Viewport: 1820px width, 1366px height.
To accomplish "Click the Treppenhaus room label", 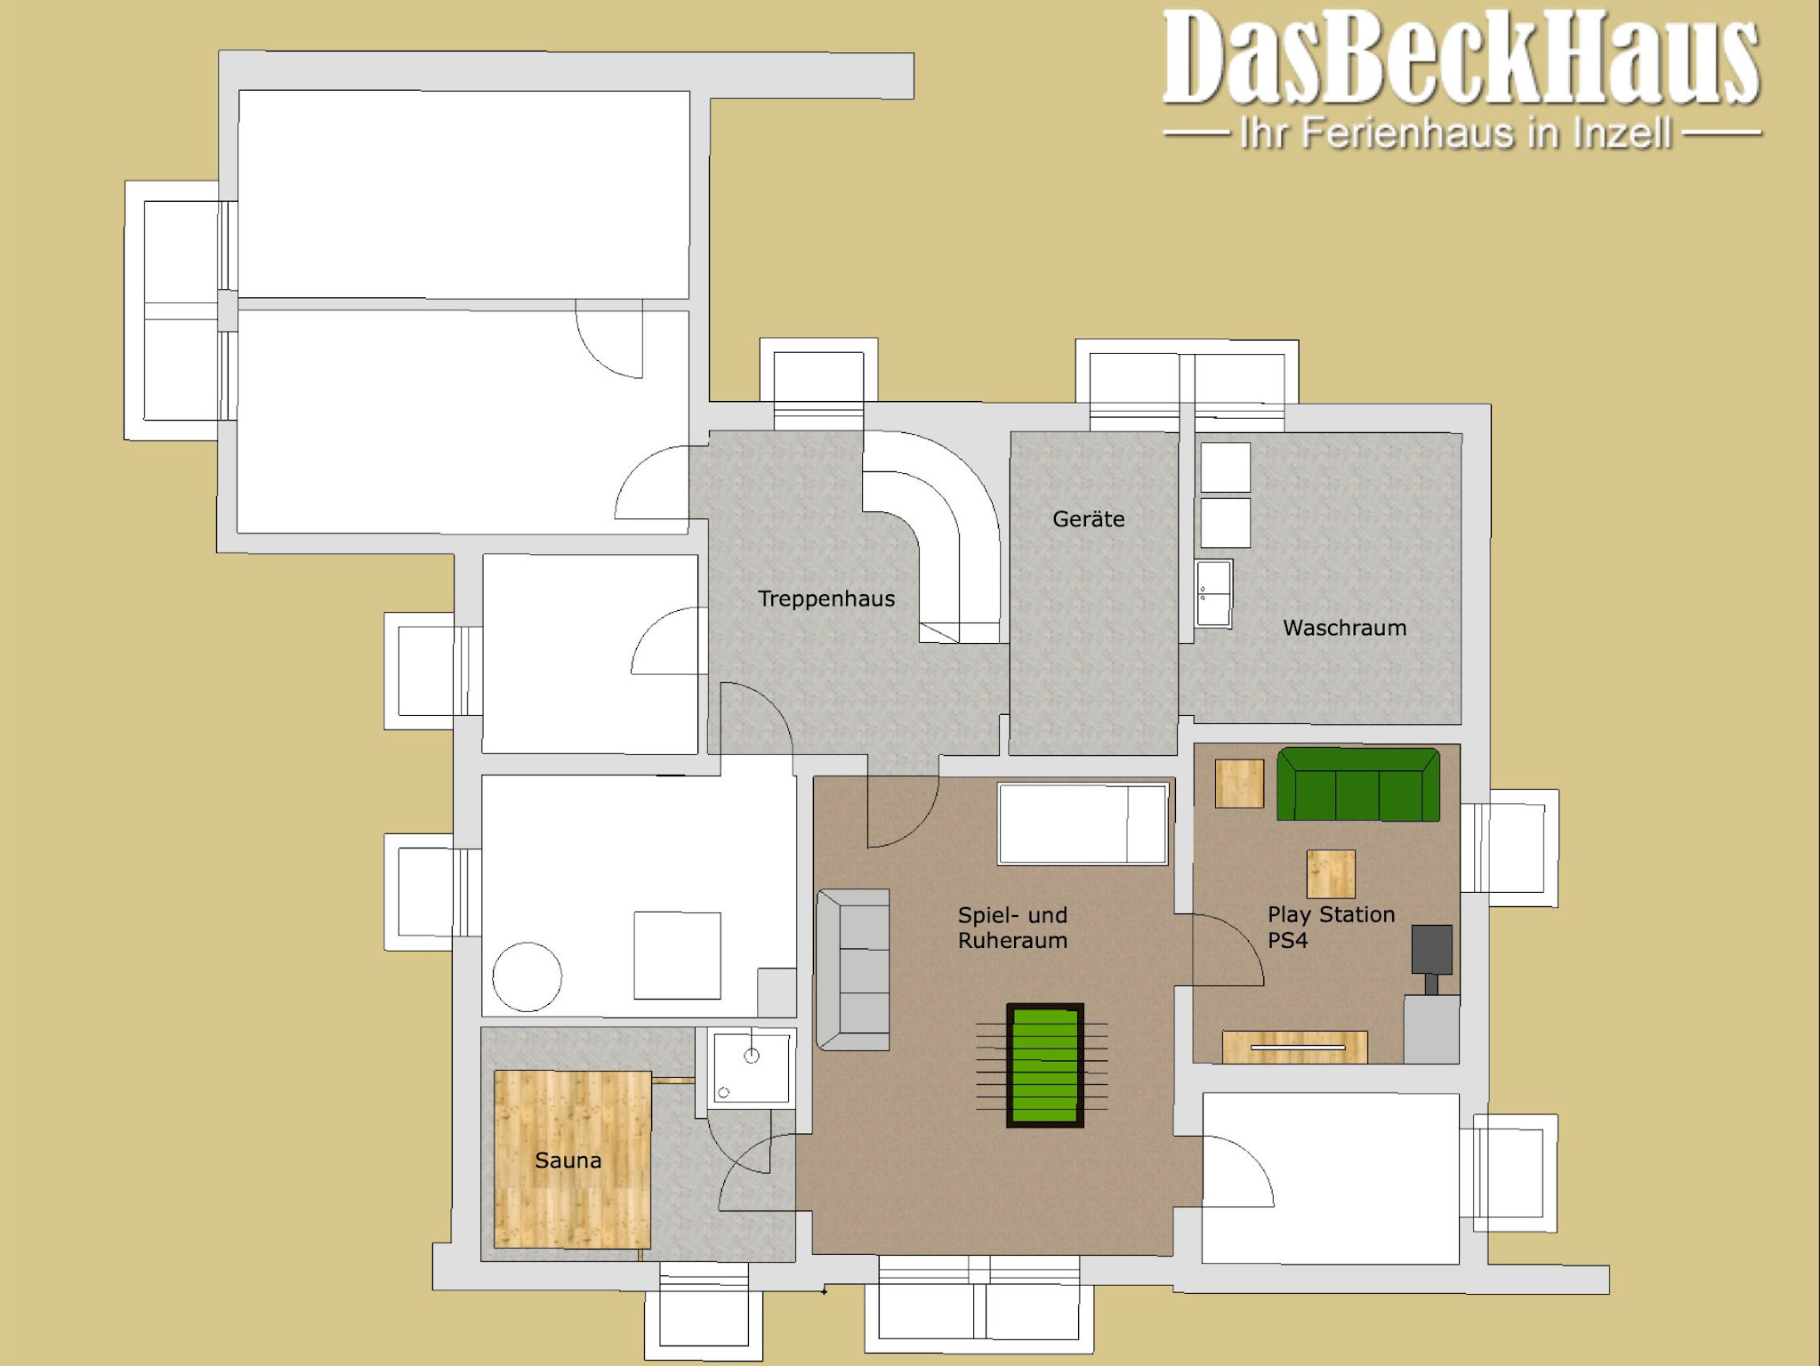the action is pyautogui.click(x=826, y=599).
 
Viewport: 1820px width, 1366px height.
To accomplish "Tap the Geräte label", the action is pyautogui.click(x=1088, y=518).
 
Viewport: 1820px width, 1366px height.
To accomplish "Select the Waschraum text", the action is pyautogui.click(x=1344, y=628).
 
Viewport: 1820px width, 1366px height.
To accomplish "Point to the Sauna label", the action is pyautogui.click(x=568, y=1161).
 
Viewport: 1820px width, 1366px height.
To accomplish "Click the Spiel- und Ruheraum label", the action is pyautogui.click(x=1012, y=928).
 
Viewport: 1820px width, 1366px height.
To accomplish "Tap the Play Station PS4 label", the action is pyautogui.click(x=1331, y=928).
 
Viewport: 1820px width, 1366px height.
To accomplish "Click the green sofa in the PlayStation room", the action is pyautogui.click(x=1358, y=784).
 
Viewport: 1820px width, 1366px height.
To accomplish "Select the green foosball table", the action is pyautogui.click(x=1044, y=1065).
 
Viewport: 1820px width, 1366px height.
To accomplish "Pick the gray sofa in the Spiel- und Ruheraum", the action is pyautogui.click(x=853, y=969).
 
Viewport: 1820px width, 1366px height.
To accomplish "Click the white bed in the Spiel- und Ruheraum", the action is pyautogui.click(x=1083, y=824).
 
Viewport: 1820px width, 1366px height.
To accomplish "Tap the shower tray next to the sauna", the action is pyautogui.click(x=752, y=1068).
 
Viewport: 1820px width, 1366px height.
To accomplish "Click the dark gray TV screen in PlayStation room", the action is pyautogui.click(x=1432, y=950).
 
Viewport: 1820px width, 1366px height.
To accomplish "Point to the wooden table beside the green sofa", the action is pyautogui.click(x=1239, y=783).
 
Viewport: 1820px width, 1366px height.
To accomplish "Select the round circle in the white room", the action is pyautogui.click(x=527, y=976).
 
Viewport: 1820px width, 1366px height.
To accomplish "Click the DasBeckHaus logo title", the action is pyautogui.click(x=1462, y=58).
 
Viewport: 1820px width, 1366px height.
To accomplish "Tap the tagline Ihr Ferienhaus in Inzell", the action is pyautogui.click(x=1455, y=133).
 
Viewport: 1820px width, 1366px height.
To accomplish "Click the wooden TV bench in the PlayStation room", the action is pyautogui.click(x=1295, y=1047).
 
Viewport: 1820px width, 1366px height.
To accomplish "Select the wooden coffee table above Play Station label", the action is pyautogui.click(x=1331, y=873).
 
